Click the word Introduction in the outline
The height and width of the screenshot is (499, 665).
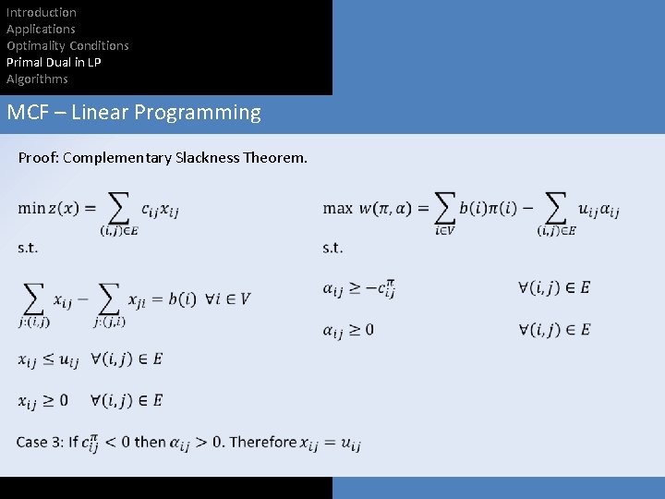42,12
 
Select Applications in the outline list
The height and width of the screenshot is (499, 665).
41,29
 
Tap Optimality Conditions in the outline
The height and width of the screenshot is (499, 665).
67,45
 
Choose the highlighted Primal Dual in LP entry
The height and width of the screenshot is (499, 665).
54,62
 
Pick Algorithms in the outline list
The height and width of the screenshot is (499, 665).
37,79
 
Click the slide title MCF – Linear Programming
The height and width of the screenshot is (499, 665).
134,113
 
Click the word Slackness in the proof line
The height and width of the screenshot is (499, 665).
206,158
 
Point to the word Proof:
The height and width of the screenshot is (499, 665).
37,158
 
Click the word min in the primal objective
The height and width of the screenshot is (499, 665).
30,208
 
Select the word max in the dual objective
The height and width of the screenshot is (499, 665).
338,208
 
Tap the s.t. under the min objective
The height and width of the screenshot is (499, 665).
28,248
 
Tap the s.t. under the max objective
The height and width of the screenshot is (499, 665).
332,248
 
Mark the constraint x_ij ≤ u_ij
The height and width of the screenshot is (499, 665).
48,359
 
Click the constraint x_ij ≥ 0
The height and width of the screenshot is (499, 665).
43,400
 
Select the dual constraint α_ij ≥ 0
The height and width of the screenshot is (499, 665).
348,330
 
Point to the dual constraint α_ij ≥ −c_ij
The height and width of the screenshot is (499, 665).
359,288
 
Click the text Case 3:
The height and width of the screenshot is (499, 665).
40,442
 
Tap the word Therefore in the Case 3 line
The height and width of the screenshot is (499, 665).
263,442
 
